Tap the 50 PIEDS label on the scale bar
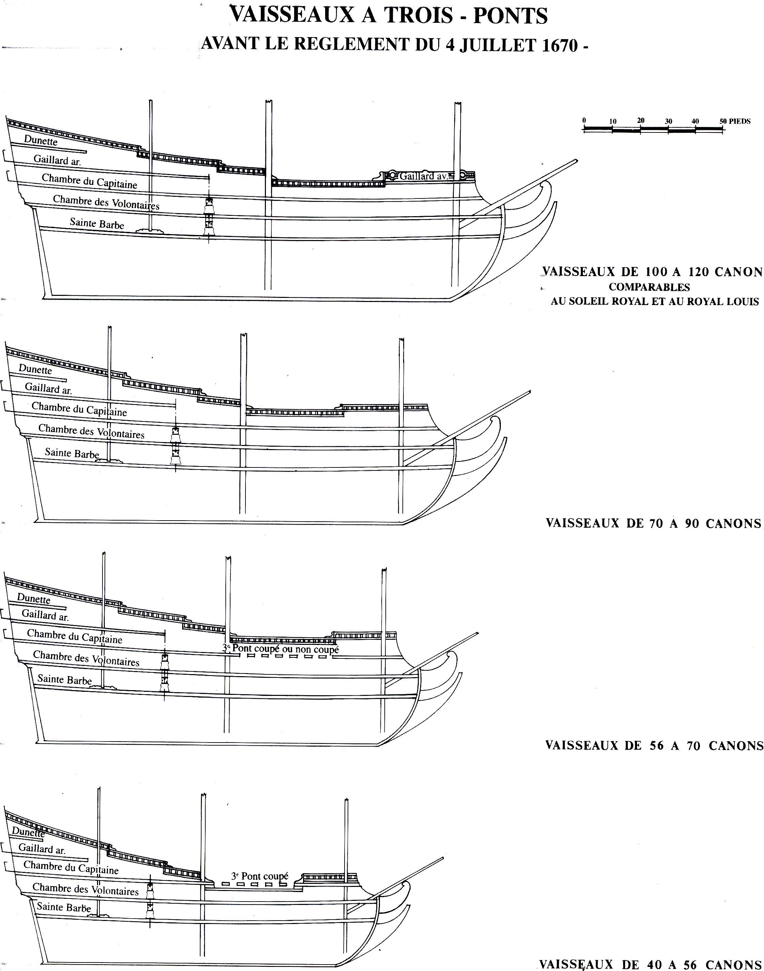click(735, 121)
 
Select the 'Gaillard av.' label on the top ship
click(423, 176)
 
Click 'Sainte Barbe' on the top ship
click(97, 223)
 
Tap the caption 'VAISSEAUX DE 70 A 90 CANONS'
click(653, 523)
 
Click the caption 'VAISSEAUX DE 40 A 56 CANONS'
click(651, 964)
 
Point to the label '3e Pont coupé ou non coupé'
click(281, 649)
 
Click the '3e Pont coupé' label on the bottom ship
click(259, 876)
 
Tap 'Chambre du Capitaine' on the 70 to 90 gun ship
click(79, 409)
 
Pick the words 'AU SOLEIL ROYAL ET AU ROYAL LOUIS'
click(654, 301)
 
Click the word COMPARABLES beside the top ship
click(649, 287)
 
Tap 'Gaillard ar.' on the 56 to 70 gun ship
click(45, 616)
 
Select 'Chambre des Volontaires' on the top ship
click(106, 202)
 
